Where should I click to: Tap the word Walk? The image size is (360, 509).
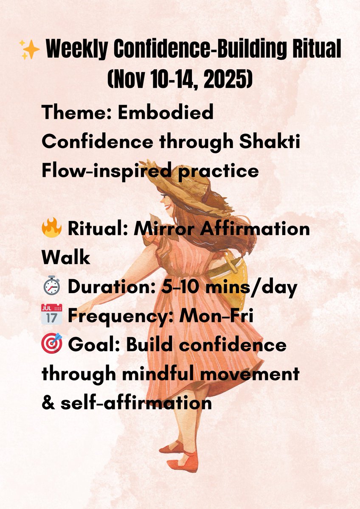66,258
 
